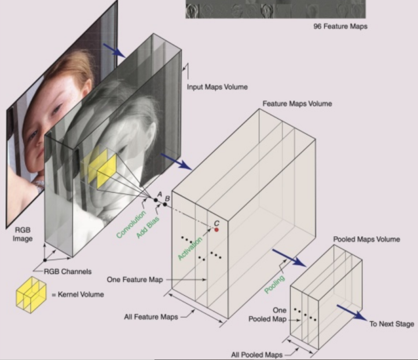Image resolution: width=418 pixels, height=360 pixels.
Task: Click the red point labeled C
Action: click(217, 230)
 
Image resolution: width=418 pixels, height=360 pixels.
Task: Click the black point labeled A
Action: click(156, 200)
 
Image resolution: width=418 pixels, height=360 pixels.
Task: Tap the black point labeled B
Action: click(165, 204)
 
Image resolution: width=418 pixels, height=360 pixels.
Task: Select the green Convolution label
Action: click(131, 224)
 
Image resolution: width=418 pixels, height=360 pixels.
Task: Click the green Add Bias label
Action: click(148, 227)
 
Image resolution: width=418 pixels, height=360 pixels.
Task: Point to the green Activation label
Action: click(190, 248)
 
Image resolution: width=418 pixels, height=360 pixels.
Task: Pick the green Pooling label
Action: click(274, 284)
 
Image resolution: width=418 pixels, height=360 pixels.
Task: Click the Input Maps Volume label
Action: click(217, 87)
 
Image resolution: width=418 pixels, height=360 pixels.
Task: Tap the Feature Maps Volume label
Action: click(297, 104)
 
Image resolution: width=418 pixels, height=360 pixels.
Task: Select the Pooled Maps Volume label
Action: click(366, 239)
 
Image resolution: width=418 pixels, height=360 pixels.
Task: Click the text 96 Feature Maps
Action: click(340, 27)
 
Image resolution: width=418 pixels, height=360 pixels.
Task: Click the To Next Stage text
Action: click(391, 324)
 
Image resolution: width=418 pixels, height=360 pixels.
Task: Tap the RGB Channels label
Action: click(67, 271)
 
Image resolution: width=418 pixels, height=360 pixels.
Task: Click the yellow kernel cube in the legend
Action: click(31, 295)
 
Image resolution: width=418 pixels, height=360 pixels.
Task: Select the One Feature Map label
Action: click(135, 280)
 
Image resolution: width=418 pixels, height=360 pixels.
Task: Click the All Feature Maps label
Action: click(151, 317)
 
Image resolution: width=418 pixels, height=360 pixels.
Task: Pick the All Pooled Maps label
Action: click(256, 355)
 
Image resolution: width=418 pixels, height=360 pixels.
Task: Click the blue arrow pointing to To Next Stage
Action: click(352, 313)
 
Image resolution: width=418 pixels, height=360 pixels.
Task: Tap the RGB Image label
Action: click(23, 234)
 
